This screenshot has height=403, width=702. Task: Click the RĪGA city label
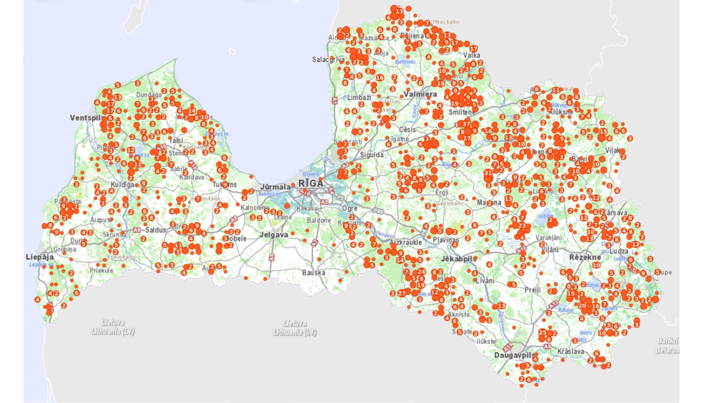tap(311, 183)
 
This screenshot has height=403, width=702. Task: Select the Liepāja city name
tap(39, 257)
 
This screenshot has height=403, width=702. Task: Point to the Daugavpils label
tap(513, 355)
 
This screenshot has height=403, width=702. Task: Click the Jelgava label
tap(274, 234)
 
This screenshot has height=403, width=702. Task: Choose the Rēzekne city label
tap(585, 257)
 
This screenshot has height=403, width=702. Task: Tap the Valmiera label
tap(420, 94)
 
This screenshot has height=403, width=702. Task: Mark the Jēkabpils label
tap(458, 259)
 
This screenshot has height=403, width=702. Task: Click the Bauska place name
tap(313, 272)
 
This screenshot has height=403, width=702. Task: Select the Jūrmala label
tap(275, 187)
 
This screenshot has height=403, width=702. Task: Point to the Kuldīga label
tap(122, 184)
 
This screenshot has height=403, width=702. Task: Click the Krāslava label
tap(570, 351)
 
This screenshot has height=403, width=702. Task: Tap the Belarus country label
tap(668, 350)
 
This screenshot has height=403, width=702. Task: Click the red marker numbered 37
tap(466, 124)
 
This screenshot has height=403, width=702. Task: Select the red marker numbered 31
tap(488, 173)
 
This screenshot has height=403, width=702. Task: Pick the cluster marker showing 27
tap(402, 293)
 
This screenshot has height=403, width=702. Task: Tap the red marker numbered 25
tap(542, 332)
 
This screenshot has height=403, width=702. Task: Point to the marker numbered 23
tap(522, 225)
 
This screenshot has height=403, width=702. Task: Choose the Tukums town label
tap(224, 185)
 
